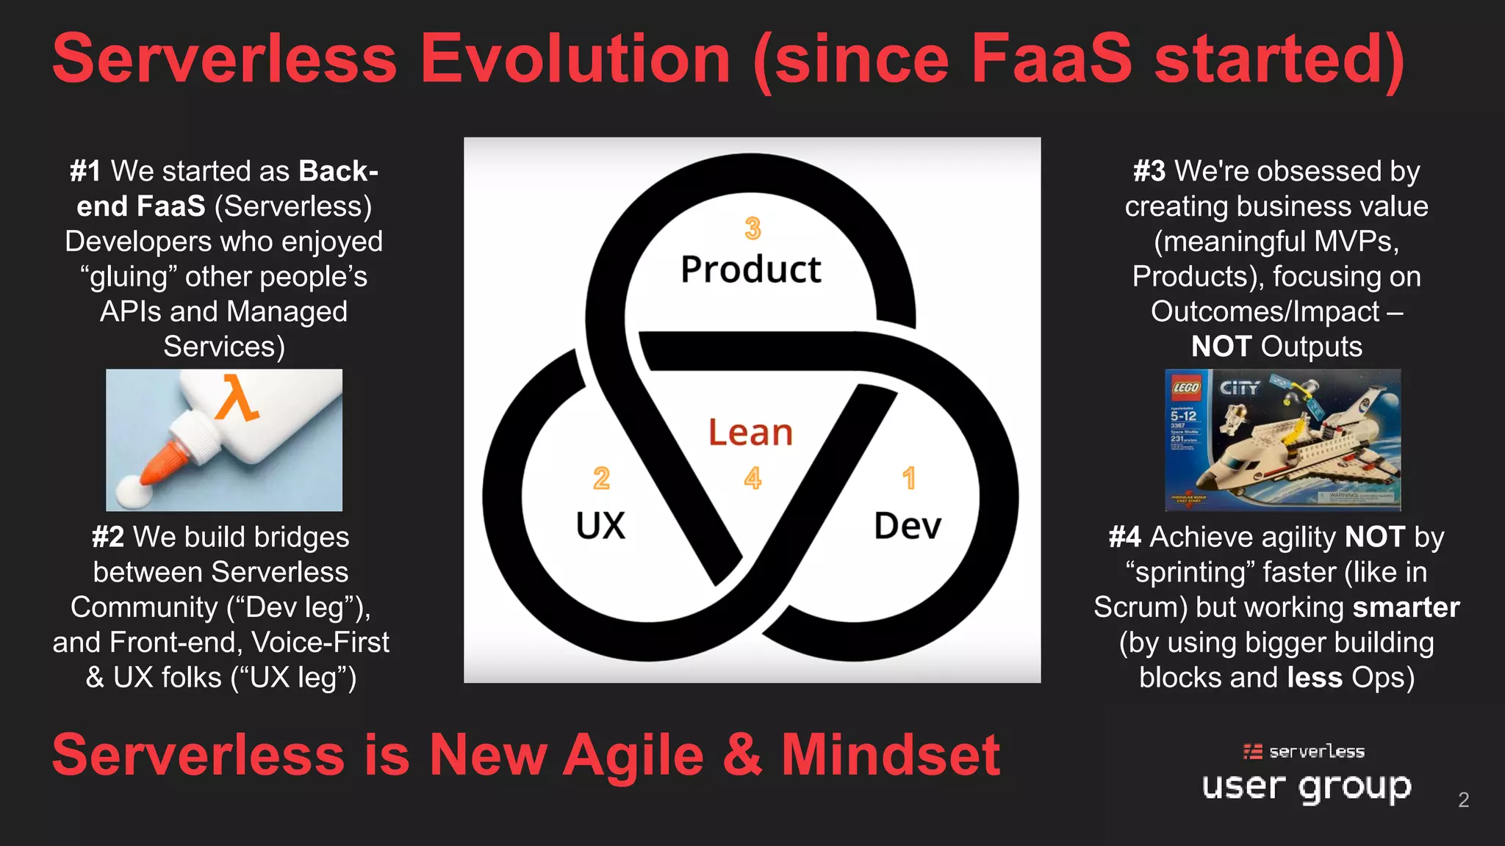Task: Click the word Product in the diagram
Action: pos(750,270)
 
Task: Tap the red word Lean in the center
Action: pos(750,433)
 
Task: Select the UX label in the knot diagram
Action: pos(600,526)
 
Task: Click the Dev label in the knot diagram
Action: pos(908,526)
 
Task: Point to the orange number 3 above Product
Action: pos(752,228)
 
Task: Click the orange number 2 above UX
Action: pos(601,479)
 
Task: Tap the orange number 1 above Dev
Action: pos(909,479)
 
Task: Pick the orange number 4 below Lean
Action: pos(752,479)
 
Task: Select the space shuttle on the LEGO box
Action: pos(1293,448)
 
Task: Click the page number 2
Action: pos(1463,800)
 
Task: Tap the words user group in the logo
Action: pos(1306,787)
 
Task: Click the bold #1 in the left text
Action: pos(85,171)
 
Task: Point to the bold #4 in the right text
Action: pos(1124,538)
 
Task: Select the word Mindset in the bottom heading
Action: pos(890,755)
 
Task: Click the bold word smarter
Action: pos(1406,607)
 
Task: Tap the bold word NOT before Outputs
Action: pos(1221,347)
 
